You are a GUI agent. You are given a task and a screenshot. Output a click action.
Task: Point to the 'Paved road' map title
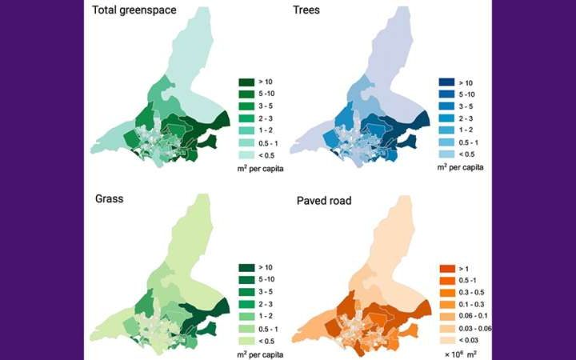tap(327, 198)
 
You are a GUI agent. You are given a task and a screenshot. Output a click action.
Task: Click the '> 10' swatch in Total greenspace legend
tap(245, 82)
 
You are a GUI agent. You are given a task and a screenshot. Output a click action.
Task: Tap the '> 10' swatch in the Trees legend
tap(446, 82)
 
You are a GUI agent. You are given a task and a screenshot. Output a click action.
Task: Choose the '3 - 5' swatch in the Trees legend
tap(446, 106)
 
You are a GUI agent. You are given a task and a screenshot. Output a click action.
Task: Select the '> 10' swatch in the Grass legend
tap(245, 267)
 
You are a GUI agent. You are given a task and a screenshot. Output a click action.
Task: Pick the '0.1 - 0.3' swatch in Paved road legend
tap(446, 305)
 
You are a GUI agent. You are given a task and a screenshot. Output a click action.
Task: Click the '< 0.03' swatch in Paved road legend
tap(446, 340)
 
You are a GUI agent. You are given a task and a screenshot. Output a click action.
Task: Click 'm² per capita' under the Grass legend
tap(264, 353)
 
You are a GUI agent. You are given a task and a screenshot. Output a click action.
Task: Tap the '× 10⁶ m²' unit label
tap(461, 354)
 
